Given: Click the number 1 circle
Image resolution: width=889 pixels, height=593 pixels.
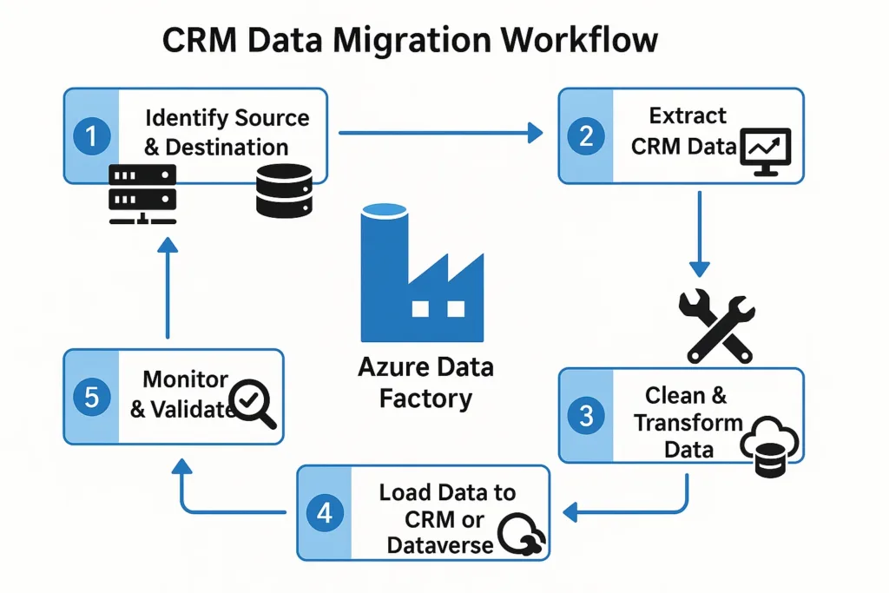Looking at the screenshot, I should [x=92, y=136].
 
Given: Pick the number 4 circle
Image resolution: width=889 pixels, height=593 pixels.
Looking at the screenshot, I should [x=325, y=513].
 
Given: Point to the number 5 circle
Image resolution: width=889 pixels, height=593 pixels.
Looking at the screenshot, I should [x=92, y=398].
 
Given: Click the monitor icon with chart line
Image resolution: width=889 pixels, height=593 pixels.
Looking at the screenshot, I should [x=764, y=151].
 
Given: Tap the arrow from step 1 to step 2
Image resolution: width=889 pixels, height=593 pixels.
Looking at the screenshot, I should [x=439, y=133].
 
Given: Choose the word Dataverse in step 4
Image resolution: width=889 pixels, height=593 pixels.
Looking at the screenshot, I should [x=440, y=546].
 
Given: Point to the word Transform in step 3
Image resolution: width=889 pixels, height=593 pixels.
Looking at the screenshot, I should [x=688, y=424].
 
